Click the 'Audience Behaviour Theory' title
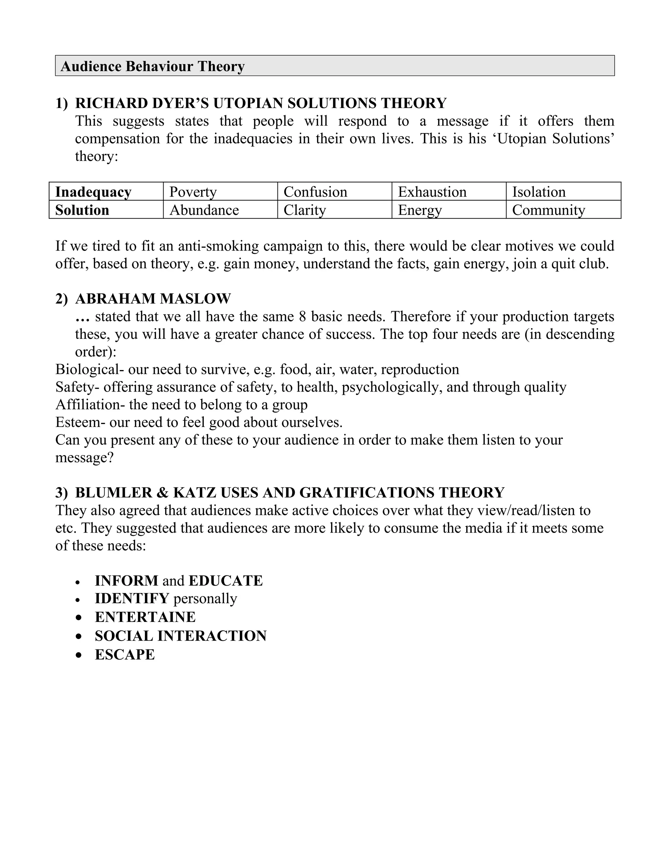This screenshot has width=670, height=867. [152, 66]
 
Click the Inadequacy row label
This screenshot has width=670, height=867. [93, 192]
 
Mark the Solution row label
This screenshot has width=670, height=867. [82, 210]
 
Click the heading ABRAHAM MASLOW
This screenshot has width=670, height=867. [153, 298]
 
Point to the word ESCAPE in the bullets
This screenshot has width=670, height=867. [125, 655]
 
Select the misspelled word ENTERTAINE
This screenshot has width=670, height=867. [145, 617]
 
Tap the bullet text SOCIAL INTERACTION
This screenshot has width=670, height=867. [181, 636]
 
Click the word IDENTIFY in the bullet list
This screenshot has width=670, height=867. [132, 598]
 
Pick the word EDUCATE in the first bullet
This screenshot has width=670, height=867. [225, 581]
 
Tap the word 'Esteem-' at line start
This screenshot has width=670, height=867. [80, 422]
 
